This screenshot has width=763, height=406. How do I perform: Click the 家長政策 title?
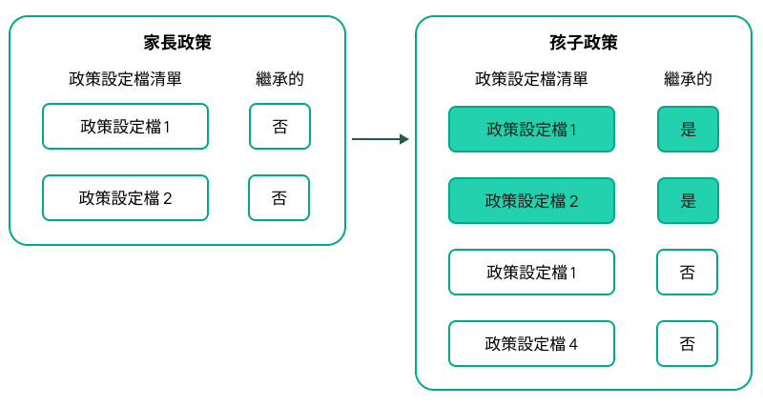click(x=176, y=43)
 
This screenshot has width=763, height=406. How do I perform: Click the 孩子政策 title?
click(x=584, y=43)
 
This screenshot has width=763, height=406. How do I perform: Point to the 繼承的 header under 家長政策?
click(x=279, y=79)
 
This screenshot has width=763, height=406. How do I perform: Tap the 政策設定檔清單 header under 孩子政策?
click(x=531, y=79)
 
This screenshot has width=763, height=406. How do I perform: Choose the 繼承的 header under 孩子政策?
click(x=688, y=79)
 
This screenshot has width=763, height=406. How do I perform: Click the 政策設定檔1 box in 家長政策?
click(x=125, y=127)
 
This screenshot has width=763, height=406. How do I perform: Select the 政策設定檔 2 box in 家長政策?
click(x=125, y=198)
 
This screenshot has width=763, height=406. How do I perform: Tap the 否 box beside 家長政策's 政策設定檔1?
click(x=279, y=127)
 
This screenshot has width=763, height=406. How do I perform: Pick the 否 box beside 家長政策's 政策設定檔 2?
click(x=278, y=198)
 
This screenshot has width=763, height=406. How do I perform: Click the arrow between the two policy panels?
click(x=380, y=139)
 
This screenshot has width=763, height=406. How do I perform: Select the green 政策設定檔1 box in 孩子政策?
click(x=531, y=130)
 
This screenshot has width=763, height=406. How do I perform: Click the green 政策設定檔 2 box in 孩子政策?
click(x=531, y=201)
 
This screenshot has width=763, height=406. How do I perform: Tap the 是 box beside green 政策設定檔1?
click(x=688, y=130)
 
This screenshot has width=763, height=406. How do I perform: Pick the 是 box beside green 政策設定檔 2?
click(x=688, y=201)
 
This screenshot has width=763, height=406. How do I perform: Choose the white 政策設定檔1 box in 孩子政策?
click(x=531, y=273)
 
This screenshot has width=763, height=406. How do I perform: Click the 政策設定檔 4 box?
click(x=531, y=344)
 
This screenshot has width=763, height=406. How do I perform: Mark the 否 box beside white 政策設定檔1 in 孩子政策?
click(x=687, y=273)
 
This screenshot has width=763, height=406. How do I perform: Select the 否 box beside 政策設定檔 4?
click(x=687, y=344)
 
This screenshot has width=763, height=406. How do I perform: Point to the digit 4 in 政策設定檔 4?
click(x=573, y=344)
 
